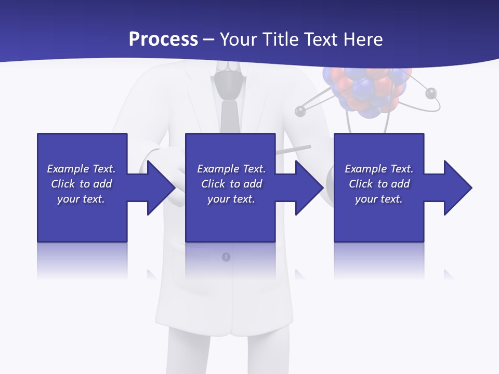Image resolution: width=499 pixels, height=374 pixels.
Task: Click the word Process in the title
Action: coord(163,39)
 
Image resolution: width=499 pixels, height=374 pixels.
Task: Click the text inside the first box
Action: coord(81,184)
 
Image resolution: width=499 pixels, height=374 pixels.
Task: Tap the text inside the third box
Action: coord(379,184)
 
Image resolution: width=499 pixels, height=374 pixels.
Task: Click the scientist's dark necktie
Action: coord(229,116)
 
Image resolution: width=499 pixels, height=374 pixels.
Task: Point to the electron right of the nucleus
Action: coord(430,94)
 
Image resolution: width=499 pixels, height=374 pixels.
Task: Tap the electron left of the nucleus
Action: coord(300,111)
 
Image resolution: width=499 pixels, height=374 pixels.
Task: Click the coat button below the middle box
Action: coord(226,257)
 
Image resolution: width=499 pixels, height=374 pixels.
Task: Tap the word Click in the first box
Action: coord(63,184)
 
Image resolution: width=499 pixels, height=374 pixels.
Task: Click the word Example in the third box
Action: coord(365,169)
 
